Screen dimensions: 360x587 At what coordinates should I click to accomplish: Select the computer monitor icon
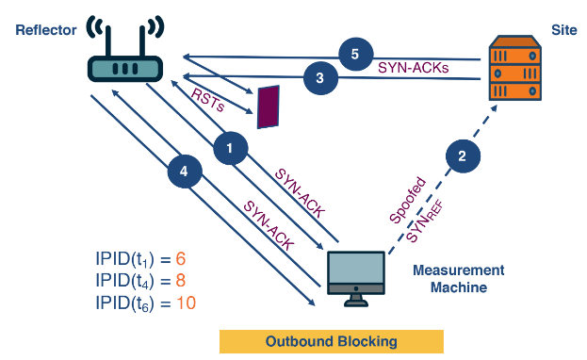pos(355,276)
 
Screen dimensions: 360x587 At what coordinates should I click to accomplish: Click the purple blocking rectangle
pos(269,106)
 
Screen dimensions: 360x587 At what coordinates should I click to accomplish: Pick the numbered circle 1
pos(230,146)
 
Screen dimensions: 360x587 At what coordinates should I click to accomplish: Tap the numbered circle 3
pos(321,80)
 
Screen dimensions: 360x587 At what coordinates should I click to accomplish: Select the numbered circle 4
pos(185,172)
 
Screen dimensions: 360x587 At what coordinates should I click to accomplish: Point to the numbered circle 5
pos(354,55)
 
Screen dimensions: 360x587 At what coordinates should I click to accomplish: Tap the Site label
pos(563,30)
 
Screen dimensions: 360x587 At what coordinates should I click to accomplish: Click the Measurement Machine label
pos(459,278)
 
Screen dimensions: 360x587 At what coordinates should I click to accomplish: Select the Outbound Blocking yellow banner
pos(331,340)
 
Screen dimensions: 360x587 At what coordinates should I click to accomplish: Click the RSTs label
pos(207,101)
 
